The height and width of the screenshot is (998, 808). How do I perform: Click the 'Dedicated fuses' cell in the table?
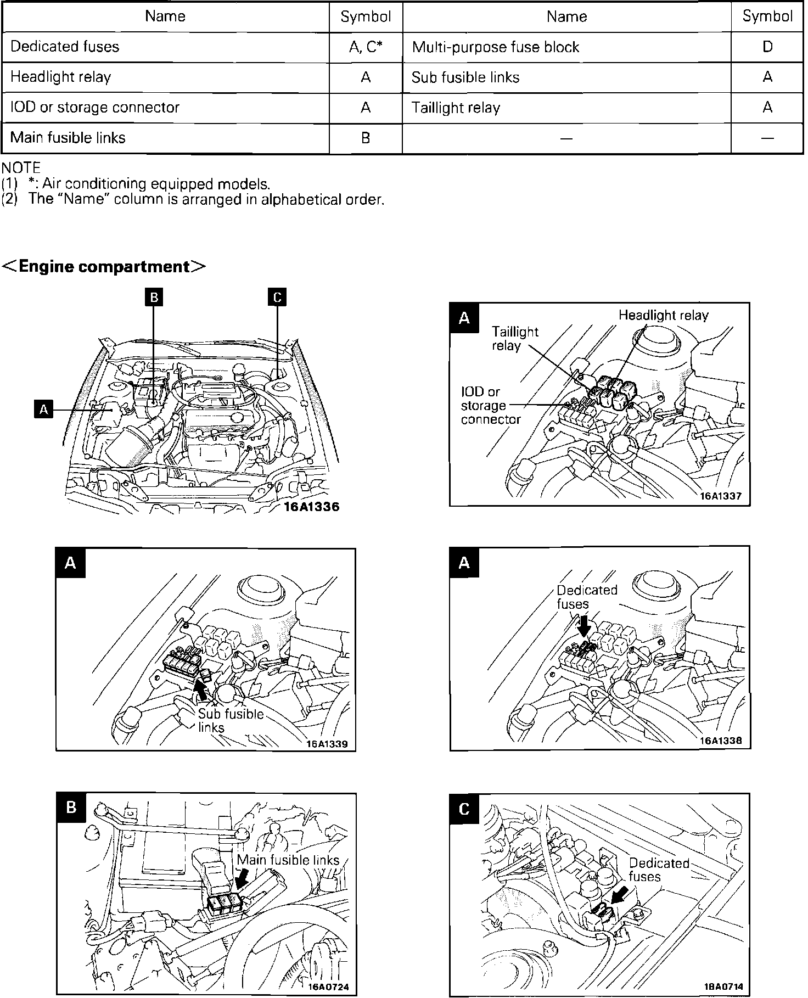[x=65, y=47]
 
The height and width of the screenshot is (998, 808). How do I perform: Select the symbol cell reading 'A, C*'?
[x=366, y=47]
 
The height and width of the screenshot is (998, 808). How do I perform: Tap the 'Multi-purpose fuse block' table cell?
[x=495, y=47]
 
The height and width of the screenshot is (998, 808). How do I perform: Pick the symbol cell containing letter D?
[x=767, y=47]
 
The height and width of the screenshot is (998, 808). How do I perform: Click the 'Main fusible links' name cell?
[x=68, y=137]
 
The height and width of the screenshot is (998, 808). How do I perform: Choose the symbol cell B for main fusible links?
[x=366, y=137]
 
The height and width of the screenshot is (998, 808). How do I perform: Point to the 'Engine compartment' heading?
[x=104, y=267]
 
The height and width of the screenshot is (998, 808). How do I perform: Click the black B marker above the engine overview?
[x=154, y=297]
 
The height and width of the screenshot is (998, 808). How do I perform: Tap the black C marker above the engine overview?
[x=277, y=297]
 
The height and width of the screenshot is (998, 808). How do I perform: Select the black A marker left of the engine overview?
[x=43, y=409]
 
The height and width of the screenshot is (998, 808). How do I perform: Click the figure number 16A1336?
[x=312, y=507]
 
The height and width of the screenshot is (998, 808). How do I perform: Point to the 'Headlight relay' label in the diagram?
[x=663, y=315]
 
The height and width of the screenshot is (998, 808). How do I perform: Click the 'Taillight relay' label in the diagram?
[x=515, y=339]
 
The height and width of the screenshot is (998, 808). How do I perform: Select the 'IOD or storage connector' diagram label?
[x=490, y=406]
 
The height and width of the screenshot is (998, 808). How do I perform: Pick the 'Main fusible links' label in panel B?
[x=288, y=860]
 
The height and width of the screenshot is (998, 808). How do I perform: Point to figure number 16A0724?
[x=328, y=986]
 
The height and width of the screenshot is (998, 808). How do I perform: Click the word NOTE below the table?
[x=21, y=167]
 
